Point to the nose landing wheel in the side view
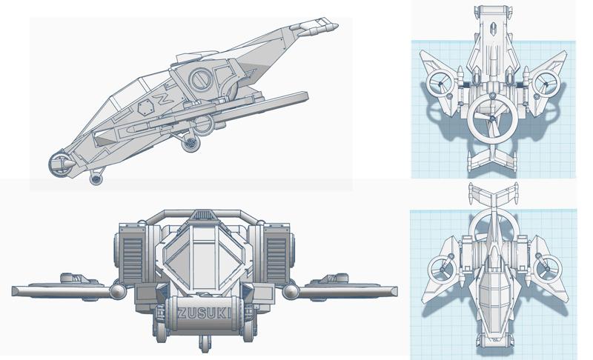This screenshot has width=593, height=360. tap(96, 179)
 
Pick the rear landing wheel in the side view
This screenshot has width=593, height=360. tap(191, 144)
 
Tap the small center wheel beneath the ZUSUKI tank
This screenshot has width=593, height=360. tap(204, 345)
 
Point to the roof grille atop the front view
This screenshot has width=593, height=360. tap(202, 215)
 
